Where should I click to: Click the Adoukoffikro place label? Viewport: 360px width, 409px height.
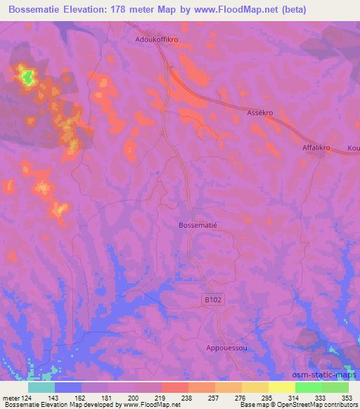click(x=159, y=40)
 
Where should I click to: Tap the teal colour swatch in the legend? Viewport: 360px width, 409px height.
click(x=41, y=387)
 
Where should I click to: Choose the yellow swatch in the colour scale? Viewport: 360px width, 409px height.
click(x=281, y=387)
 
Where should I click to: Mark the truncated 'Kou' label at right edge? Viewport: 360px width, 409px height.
click(x=353, y=149)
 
